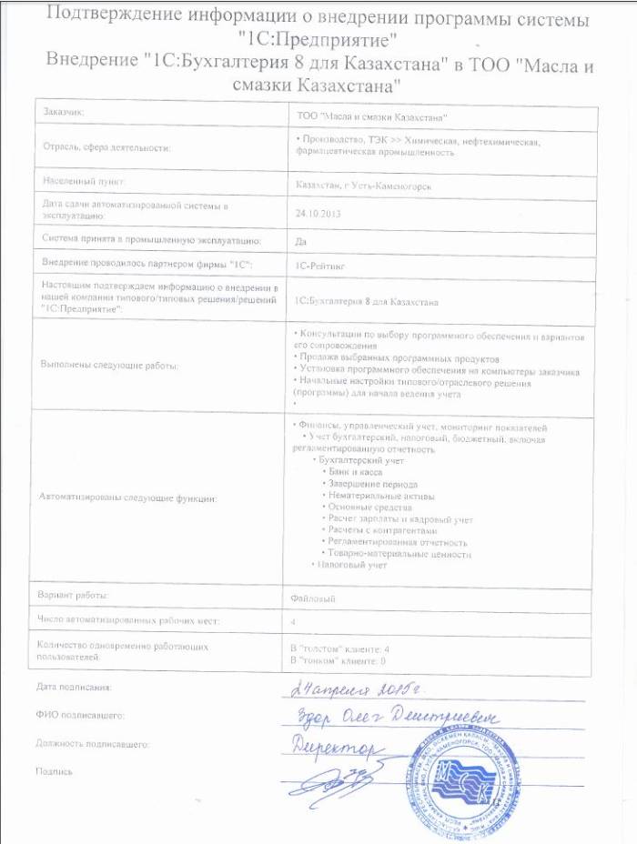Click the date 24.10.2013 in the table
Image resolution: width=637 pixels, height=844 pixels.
pos(316,213)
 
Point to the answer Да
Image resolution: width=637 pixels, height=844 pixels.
pos(302,240)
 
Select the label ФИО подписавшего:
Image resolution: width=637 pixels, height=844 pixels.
pos(80,716)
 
